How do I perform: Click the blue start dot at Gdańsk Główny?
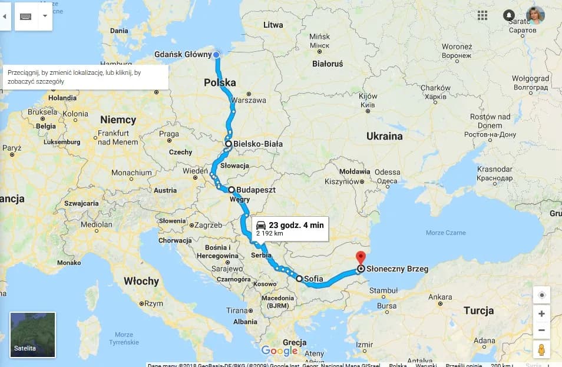(216, 55)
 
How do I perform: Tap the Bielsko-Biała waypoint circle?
(229, 143)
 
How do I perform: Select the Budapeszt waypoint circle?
(232, 190)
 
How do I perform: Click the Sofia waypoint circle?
(299, 279)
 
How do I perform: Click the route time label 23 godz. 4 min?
(296, 225)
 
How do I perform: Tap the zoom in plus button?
(541, 313)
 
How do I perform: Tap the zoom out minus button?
(541, 330)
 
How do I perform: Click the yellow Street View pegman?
(541, 349)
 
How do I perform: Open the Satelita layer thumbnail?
(33, 335)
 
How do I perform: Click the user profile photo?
(535, 15)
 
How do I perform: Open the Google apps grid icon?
(482, 15)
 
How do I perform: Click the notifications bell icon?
(510, 15)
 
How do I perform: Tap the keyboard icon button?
(25, 16)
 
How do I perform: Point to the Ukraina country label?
(384, 136)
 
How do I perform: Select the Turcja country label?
(478, 310)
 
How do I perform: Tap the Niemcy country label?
(118, 120)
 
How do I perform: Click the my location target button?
(541, 295)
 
